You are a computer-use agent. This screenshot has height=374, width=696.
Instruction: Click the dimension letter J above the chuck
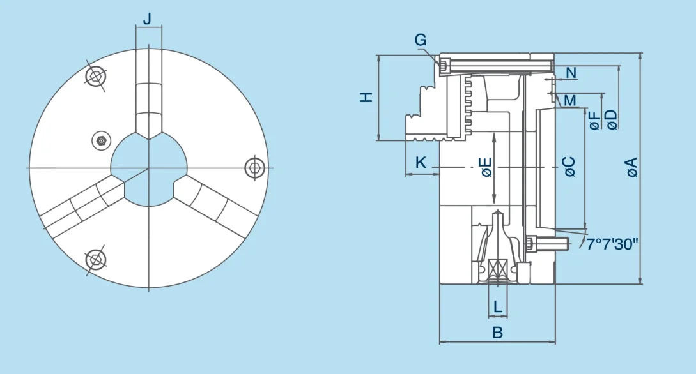(148, 19)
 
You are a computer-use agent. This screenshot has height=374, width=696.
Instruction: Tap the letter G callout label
(420, 40)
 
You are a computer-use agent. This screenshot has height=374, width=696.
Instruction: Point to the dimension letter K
(421, 163)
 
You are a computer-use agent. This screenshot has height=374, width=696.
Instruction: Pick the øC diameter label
(569, 167)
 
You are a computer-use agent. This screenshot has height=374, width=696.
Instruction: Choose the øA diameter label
(631, 167)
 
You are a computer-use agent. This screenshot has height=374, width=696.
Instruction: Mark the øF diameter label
(595, 120)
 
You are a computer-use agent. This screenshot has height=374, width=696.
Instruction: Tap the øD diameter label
(612, 119)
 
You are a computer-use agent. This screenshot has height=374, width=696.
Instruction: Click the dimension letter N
(571, 73)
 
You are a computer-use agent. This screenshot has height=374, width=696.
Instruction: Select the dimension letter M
(569, 100)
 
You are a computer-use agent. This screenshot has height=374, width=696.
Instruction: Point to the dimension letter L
(498, 307)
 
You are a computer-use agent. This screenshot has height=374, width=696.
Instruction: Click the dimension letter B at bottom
(497, 333)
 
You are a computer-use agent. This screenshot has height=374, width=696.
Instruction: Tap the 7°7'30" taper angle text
(612, 243)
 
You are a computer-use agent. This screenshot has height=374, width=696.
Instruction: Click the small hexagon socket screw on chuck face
(99, 140)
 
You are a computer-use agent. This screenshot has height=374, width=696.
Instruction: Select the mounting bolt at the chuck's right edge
(254, 167)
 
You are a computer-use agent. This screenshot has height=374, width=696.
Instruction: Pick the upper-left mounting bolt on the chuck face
(95, 76)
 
